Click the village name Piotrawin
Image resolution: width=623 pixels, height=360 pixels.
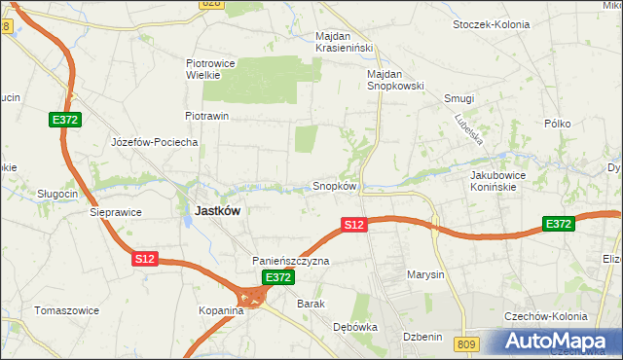pos(206,116)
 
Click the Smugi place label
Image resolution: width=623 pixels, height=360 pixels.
pos(458,98)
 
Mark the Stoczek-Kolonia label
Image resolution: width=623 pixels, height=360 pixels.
pos(492,24)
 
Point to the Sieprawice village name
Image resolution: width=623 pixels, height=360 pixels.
pos(116,211)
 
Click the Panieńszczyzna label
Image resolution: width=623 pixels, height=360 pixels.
pos(291,261)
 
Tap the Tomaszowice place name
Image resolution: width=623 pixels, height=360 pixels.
pos(64,310)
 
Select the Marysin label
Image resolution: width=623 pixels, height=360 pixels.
pos(425,274)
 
